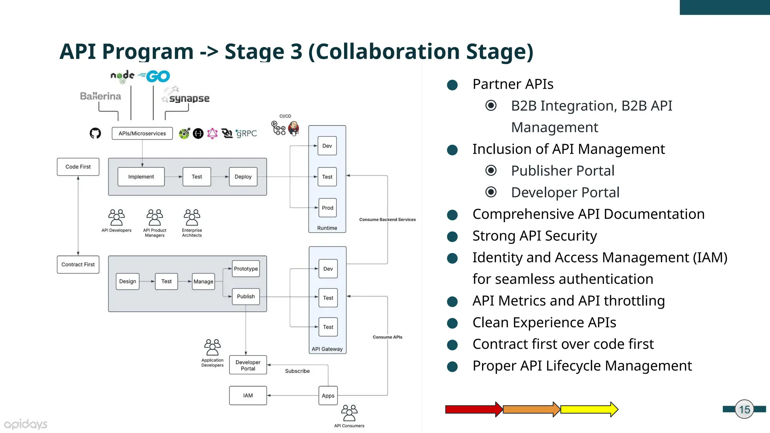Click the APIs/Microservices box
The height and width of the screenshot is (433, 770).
click(x=142, y=133)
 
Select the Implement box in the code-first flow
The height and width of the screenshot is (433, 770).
click(x=141, y=177)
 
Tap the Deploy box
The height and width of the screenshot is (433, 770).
click(x=243, y=177)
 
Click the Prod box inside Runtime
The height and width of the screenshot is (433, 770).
click(x=327, y=208)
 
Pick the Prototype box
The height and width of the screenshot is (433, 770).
click(x=246, y=269)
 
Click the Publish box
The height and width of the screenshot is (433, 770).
click(x=246, y=297)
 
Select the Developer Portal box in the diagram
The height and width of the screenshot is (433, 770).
click(x=248, y=365)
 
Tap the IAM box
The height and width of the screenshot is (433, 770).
click(x=248, y=395)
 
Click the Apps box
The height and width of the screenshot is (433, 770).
click(x=328, y=395)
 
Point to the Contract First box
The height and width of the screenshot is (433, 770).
click(x=78, y=265)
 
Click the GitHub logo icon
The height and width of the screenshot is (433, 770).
click(x=95, y=133)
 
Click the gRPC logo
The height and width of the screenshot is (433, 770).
click(x=246, y=133)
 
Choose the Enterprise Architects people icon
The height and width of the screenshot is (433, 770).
click(x=192, y=217)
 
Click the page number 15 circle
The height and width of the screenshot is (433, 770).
click(x=744, y=409)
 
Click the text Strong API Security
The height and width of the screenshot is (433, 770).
click(x=534, y=236)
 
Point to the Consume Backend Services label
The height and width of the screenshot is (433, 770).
click(x=387, y=220)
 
